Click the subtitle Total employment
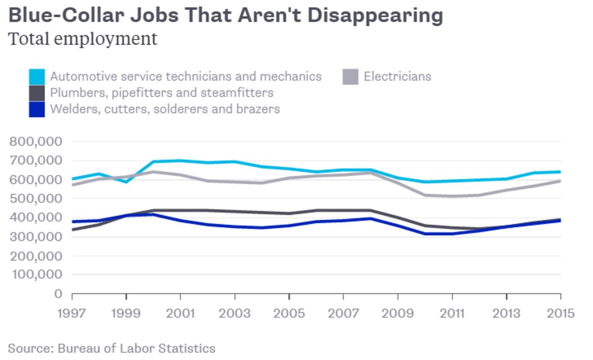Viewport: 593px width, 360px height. tap(83, 39)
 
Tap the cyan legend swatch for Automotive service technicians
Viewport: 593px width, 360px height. tap(37, 77)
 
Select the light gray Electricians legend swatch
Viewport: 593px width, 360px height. tap(350, 77)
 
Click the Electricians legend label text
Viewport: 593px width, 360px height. tap(397, 77)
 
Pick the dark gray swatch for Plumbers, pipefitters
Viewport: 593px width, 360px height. tap(37, 92)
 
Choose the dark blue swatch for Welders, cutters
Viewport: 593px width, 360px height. tap(37, 109)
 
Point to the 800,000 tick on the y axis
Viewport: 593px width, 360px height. tap(36, 141)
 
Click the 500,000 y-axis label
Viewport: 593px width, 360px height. tap(36, 199)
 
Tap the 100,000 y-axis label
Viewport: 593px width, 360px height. tap(36, 275)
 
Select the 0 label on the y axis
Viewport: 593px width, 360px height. tap(58, 294)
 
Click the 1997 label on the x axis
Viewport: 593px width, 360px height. tap(72, 314)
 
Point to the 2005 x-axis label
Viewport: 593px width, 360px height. tap(289, 314)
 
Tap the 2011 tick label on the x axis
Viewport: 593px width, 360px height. tap(452, 314)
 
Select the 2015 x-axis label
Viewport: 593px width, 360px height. tap(560, 314)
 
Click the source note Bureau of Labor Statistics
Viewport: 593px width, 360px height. tap(112, 348)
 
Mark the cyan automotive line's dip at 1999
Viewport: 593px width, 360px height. tap(127, 182)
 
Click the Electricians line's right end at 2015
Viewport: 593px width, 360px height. tap(560, 181)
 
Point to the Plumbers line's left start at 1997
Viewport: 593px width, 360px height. tap(73, 230)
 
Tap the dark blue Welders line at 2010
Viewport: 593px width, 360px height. tap(425, 234)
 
